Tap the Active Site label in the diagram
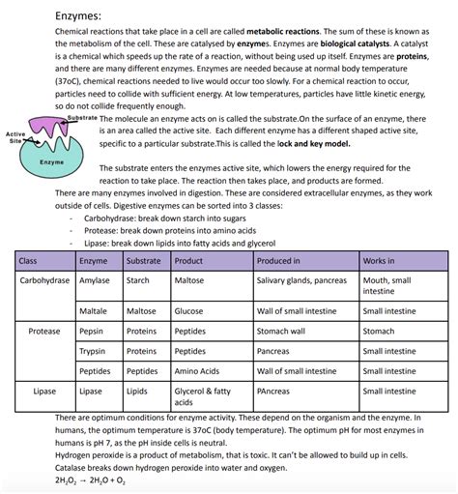click(x=14, y=137)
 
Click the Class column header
click(x=29, y=262)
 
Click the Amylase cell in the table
click(x=94, y=280)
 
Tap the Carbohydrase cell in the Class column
click(x=44, y=280)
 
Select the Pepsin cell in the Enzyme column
click(x=92, y=331)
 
